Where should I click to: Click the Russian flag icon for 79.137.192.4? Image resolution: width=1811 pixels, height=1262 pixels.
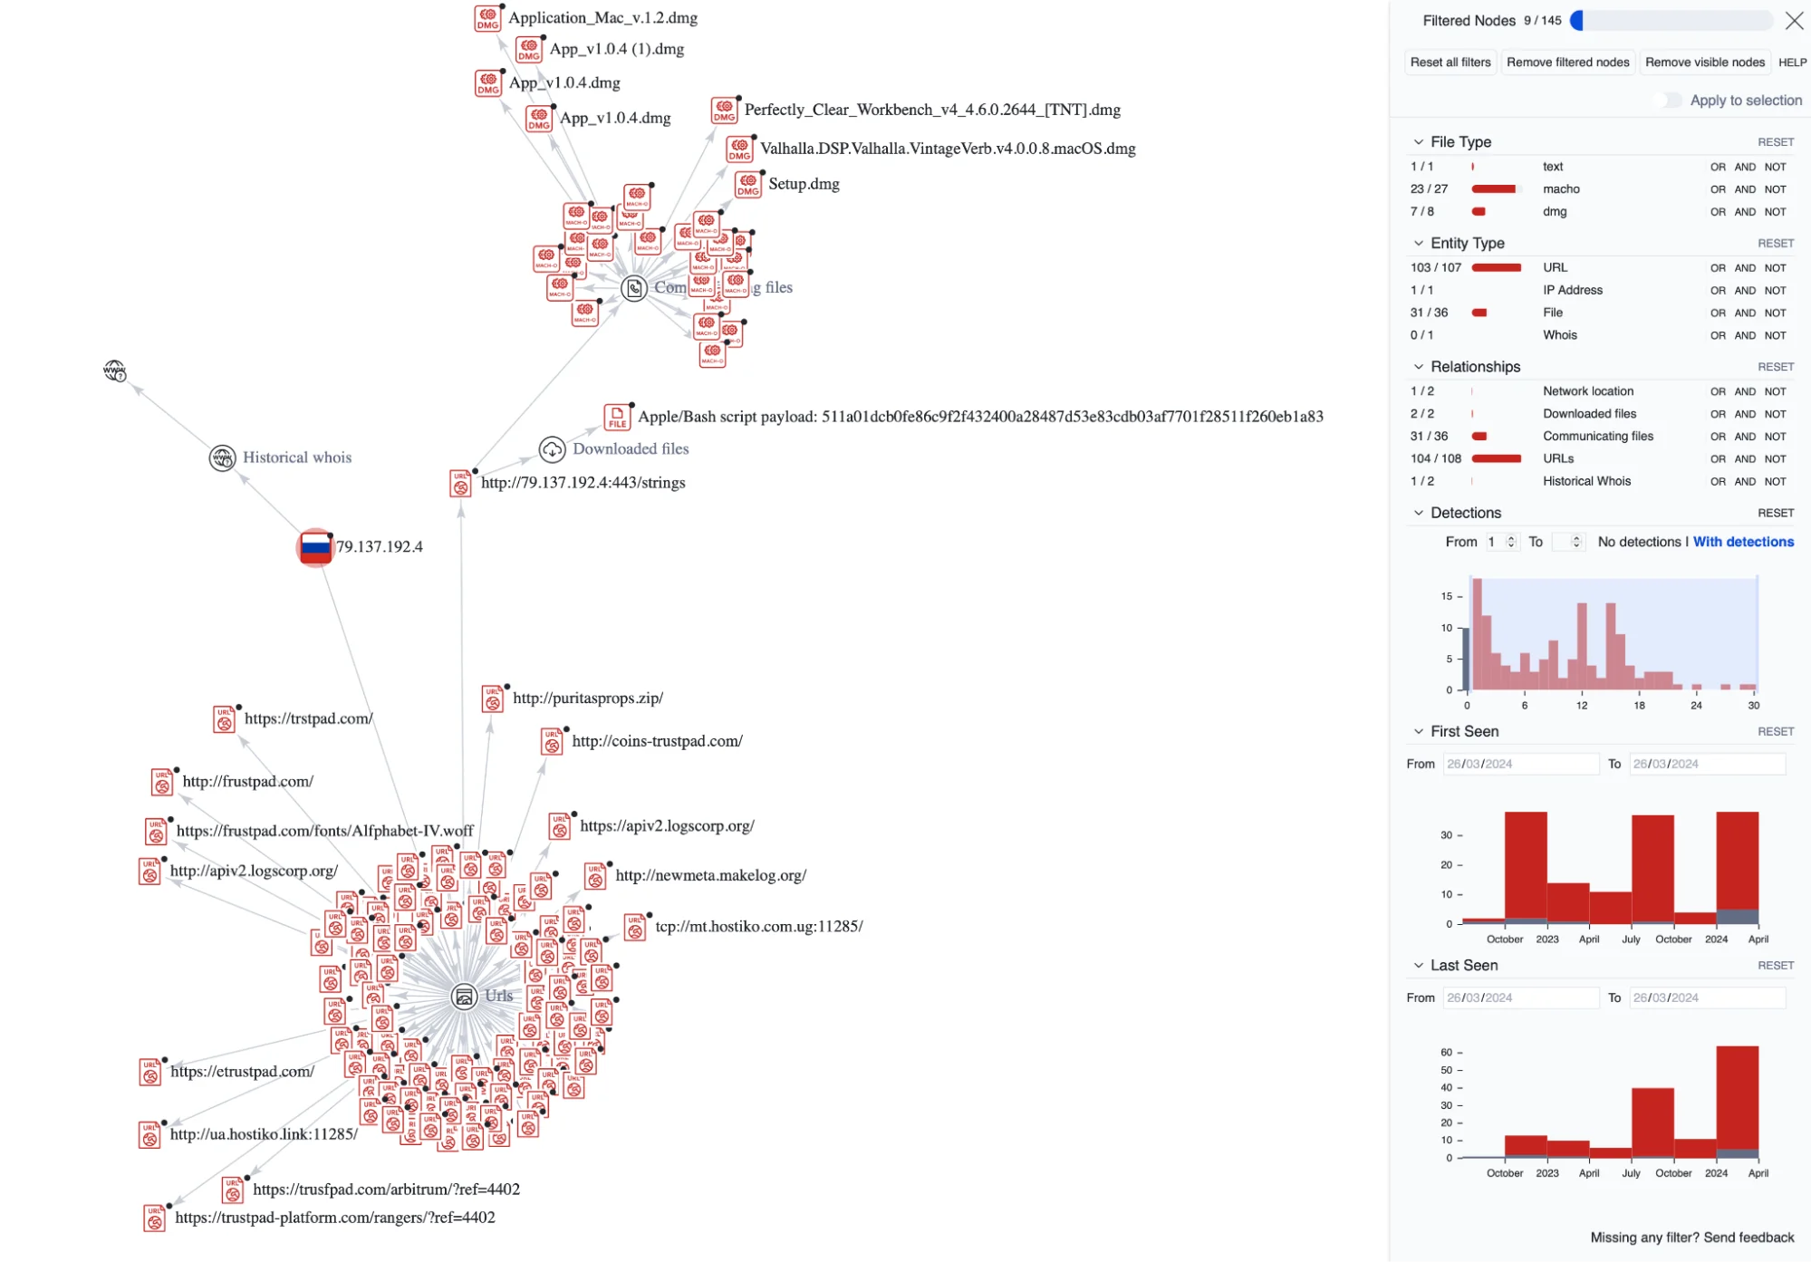(315, 546)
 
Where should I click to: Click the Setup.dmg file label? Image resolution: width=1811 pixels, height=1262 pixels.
(804, 184)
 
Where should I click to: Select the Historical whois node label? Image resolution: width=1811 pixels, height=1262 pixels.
(296, 458)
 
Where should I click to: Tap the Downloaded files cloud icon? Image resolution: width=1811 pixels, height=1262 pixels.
(552, 449)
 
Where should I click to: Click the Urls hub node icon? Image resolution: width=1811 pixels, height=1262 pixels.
(464, 997)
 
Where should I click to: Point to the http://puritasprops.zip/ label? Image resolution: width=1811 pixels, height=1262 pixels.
(587, 698)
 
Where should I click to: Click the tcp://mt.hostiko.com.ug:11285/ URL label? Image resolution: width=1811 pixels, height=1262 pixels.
(758, 927)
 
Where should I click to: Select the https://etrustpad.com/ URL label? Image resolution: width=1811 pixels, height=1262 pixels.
(242, 1072)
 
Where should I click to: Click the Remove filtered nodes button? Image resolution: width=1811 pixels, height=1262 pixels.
(1567, 63)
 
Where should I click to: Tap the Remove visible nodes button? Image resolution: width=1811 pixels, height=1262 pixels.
(1704, 63)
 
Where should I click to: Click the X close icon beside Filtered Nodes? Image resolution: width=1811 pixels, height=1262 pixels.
(1794, 21)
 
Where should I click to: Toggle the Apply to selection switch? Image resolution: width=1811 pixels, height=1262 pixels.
(1669, 101)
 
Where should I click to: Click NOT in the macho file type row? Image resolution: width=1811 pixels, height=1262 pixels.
(1775, 189)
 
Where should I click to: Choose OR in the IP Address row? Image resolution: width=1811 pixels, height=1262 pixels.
(1718, 291)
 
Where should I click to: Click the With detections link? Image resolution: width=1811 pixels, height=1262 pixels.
(1743, 542)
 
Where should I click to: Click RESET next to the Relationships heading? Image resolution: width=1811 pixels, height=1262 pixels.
(1775, 367)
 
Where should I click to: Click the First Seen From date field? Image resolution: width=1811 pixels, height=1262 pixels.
(1519, 764)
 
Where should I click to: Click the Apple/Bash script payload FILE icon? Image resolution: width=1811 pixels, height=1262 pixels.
(617, 417)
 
